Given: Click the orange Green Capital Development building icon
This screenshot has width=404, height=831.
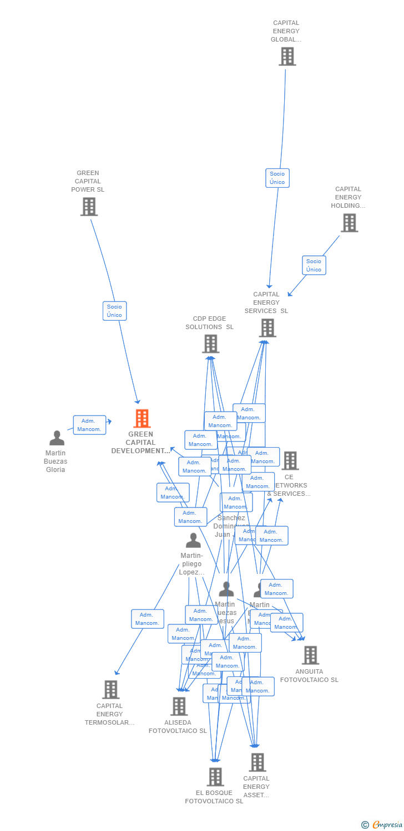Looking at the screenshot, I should coord(142,419).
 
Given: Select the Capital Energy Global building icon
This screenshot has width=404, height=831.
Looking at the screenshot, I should coord(287,57).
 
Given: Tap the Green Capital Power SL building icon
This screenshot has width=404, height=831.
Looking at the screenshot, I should coord(89,207).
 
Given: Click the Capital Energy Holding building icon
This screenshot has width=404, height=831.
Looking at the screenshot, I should coord(349,223).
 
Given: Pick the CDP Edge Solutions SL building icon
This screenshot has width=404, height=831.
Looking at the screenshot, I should coord(210,344).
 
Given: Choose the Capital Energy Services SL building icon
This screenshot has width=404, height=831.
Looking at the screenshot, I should coord(267,328).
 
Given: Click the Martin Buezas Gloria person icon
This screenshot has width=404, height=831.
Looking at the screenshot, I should coord(57,438).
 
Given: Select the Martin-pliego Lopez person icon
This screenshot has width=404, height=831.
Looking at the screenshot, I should coord(193,540).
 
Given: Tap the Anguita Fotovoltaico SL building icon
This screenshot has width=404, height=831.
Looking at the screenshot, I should coord(310,655).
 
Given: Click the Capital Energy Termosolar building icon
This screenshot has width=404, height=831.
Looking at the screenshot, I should coord(111,690).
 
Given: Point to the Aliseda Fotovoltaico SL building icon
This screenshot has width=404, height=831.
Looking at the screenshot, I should coord(179,706).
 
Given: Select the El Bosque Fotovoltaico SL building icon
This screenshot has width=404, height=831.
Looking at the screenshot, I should coord(215,777).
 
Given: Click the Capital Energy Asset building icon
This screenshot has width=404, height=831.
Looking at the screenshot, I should coord(257,762).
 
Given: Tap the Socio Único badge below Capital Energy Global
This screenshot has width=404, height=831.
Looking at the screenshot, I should coord(277,178).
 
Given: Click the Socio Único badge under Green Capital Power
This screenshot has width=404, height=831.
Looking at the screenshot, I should coord(114,311).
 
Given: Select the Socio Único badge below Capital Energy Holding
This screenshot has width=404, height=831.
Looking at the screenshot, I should coord(314,265).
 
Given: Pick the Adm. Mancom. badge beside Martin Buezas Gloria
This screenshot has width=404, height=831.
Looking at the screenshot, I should coord(89,425).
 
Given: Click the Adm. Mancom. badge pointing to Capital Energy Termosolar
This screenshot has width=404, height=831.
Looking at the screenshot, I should coord(147,619).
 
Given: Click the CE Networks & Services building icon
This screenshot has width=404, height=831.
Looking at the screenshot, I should coord(290,460).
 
